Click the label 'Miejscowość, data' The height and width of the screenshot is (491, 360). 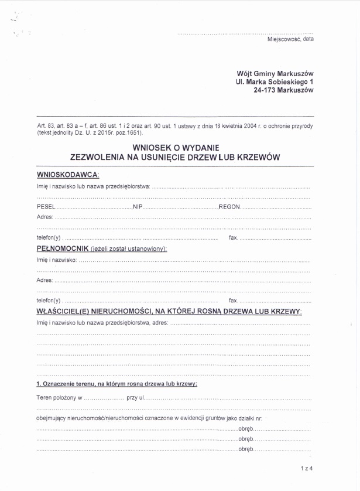click(290, 39)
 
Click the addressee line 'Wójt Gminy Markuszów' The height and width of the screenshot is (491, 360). click(275, 74)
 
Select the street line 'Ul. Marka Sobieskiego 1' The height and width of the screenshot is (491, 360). click(275, 83)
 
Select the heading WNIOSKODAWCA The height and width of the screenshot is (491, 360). click(68, 175)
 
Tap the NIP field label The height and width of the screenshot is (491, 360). click(138, 207)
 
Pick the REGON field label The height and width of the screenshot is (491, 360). click(229, 207)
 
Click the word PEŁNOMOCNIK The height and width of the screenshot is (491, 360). click(63, 248)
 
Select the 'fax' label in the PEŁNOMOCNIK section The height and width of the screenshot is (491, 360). click(233, 300)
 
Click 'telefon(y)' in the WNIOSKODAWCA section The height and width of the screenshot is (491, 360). click(49, 238)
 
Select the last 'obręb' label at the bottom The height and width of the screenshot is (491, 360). click(245, 448)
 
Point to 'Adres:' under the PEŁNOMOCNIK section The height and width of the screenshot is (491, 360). click(44, 280)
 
